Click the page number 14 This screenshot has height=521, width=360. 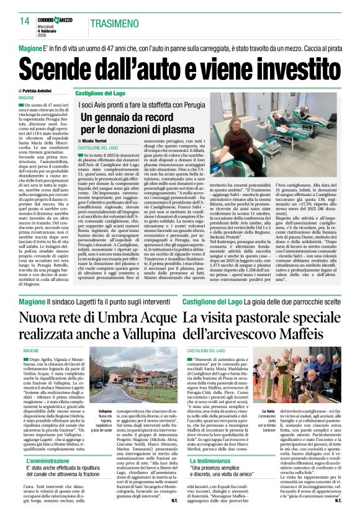click(24, 21)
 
